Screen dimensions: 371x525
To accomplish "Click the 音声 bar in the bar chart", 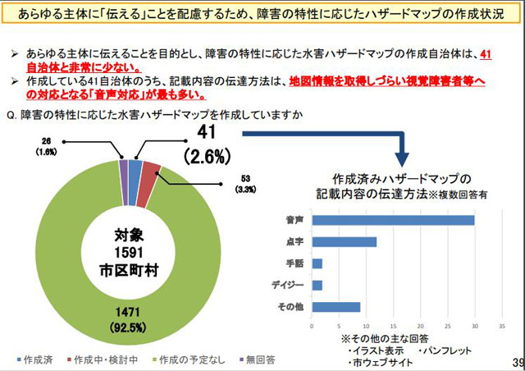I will click(x=394, y=220).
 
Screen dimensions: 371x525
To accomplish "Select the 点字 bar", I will click(x=345, y=241).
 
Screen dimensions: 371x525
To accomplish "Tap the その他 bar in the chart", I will click(x=336, y=307).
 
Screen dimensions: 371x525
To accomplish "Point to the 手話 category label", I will click(x=294, y=263).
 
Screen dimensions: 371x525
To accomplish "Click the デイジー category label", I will click(x=289, y=285).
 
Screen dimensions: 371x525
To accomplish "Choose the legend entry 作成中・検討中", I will click(x=102, y=360).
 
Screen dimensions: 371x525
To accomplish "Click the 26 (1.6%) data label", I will click(x=47, y=146).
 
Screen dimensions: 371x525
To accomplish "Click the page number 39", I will click(x=516, y=362).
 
